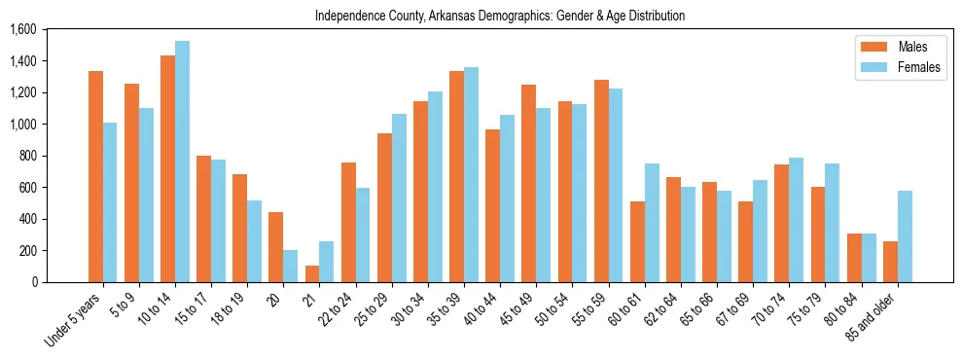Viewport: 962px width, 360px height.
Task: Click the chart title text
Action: [500, 16]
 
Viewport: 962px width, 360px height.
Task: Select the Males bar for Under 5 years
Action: [95, 176]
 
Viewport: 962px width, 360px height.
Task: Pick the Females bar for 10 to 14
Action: [182, 162]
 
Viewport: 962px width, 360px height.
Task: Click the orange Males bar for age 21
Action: [312, 273]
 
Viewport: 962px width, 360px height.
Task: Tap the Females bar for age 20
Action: [291, 266]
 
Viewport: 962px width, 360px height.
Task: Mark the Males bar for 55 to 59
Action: [601, 181]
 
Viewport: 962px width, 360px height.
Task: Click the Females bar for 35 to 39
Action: [471, 174]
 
